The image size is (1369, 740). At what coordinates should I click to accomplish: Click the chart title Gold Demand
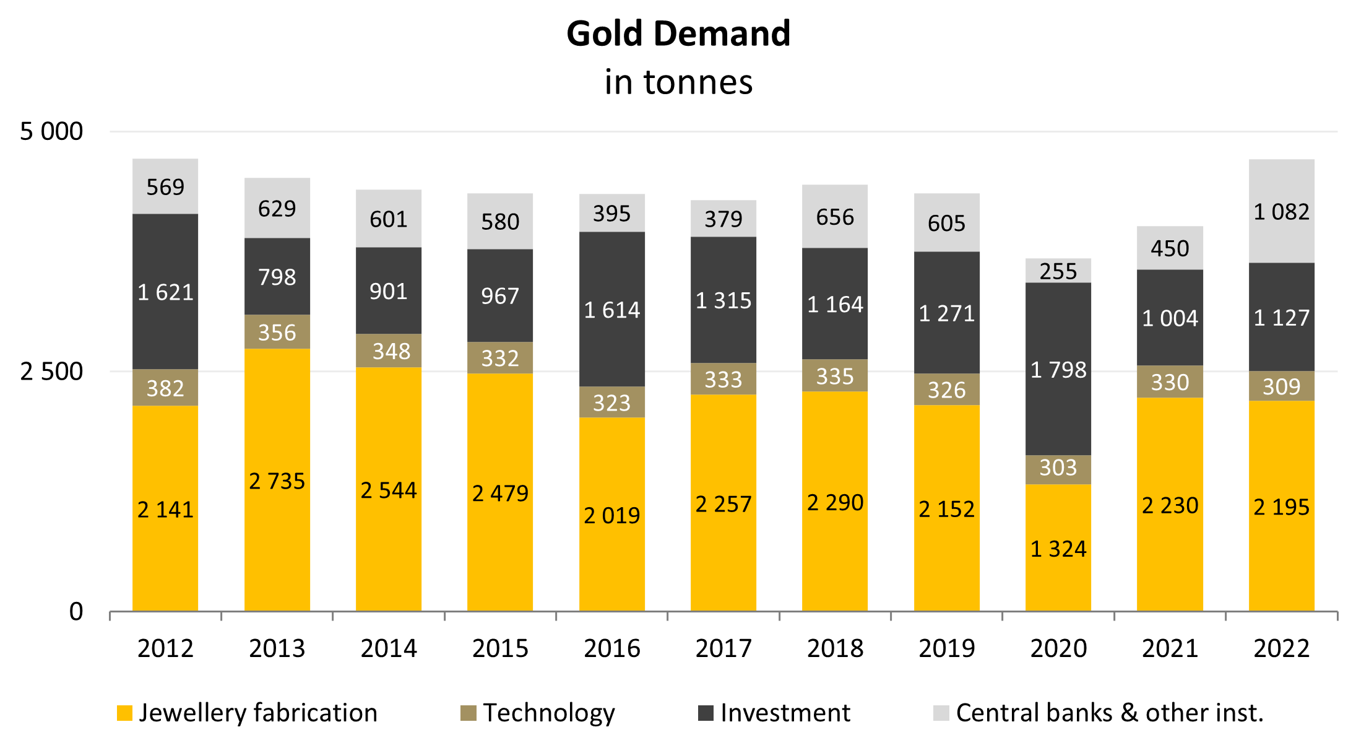point(678,33)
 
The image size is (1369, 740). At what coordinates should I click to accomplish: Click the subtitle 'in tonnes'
point(678,82)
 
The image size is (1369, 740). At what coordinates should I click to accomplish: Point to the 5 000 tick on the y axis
point(51,131)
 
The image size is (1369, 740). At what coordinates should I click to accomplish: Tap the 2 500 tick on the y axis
point(51,372)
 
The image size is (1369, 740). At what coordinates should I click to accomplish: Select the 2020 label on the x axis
point(1058,648)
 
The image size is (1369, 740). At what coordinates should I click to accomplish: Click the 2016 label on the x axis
point(611,648)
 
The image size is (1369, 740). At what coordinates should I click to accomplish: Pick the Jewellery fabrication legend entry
point(248,713)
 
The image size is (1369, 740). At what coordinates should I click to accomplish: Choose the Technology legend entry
point(538,713)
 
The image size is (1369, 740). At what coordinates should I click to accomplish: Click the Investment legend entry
point(775,713)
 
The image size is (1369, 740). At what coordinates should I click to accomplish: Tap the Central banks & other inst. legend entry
point(1099,713)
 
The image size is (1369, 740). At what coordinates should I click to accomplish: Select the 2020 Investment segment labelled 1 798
point(1058,370)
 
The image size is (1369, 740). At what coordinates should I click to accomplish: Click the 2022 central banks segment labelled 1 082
point(1281,212)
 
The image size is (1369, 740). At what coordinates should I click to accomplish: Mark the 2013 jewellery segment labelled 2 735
point(277,481)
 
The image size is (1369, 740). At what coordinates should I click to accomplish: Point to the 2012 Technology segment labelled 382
point(165,388)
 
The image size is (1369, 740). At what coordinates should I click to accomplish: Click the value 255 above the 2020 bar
point(1058,271)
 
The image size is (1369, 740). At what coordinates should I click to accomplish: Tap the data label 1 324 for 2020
point(1058,549)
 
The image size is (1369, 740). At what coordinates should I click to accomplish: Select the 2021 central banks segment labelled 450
point(1170,248)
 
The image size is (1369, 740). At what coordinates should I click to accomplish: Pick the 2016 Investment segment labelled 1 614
point(611,310)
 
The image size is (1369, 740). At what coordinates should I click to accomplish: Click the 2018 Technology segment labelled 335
point(835,376)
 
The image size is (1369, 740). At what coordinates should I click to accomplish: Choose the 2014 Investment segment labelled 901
point(389,291)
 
